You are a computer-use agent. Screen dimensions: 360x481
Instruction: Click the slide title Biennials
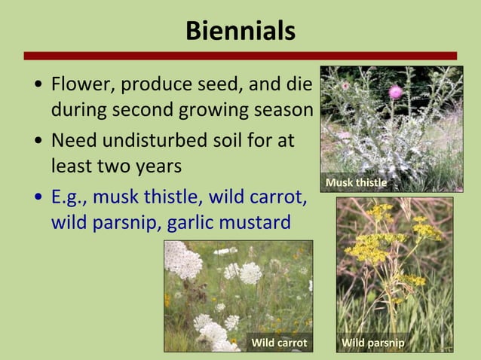240,32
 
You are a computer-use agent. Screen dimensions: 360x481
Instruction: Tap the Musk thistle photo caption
356,183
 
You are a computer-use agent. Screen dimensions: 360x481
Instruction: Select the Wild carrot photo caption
279,343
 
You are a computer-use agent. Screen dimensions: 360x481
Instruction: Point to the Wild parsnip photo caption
372,343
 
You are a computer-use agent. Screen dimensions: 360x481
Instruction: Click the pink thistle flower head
395,92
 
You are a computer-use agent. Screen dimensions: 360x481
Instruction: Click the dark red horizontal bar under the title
240,56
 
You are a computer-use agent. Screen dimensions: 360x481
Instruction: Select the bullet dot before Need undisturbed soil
38,142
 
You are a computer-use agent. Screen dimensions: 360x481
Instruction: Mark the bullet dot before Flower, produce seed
38,84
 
